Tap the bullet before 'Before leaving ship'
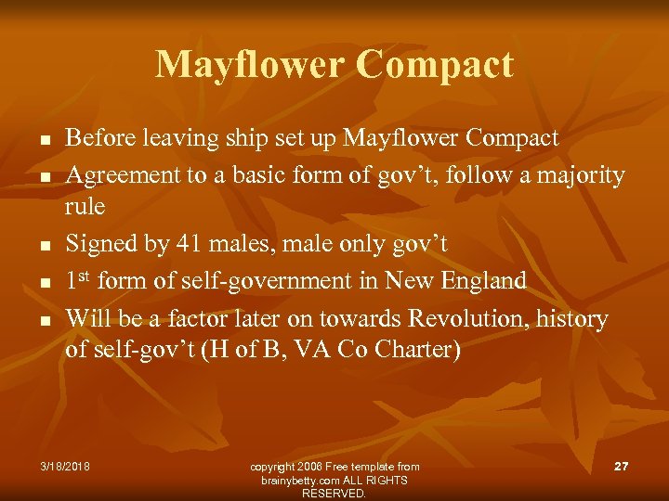tap(43, 140)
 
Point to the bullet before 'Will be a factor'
tap(43, 320)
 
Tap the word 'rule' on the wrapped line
tap(85, 206)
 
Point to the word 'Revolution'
tap(463, 319)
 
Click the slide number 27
tap(622, 466)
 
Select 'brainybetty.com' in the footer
tap(301, 480)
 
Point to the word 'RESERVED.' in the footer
tap(334, 494)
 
